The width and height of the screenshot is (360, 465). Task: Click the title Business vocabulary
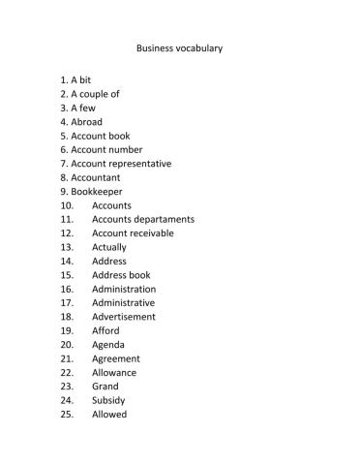coord(179,46)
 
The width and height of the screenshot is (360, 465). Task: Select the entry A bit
coord(81,79)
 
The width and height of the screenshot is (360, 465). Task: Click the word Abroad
coord(86,122)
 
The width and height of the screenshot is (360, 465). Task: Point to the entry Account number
coord(106,150)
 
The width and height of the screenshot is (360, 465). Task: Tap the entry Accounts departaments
coord(143,219)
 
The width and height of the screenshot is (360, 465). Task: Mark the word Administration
coord(124,289)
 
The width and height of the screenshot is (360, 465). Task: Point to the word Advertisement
coord(123,317)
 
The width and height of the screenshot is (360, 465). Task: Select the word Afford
coord(105,330)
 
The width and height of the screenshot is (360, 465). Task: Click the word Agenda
coord(108,345)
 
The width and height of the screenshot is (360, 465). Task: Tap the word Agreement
coord(116,358)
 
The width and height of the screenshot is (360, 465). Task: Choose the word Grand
coord(105,387)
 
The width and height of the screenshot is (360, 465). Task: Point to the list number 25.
coord(67,415)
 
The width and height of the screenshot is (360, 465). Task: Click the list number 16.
coord(67,289)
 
